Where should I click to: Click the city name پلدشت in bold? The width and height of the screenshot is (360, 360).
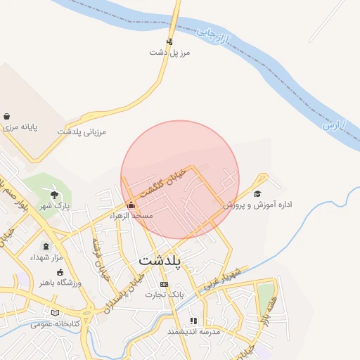coord(160,260)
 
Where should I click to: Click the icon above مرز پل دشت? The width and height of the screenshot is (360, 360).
coord(169,41)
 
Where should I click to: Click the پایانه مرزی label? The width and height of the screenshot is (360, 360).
coord(19,128)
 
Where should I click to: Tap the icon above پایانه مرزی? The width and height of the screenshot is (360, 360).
coord(7,117)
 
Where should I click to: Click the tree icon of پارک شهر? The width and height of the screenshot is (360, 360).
coord(55,194)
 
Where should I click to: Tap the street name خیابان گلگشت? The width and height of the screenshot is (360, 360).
coord(163,183)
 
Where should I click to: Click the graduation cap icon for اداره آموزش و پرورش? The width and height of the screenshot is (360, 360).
coord(257,194)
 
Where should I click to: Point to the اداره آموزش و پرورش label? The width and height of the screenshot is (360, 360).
coord(257,205)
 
